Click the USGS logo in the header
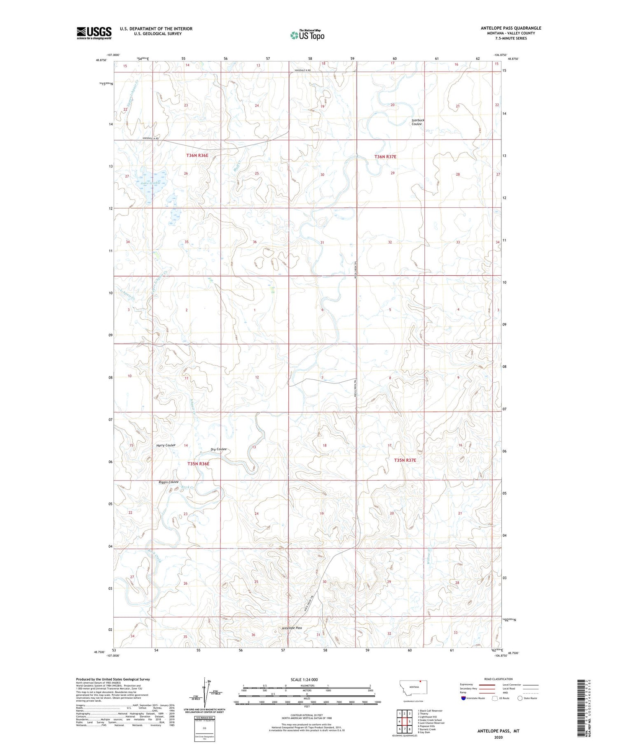[94, 33]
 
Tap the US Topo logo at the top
[307, 35]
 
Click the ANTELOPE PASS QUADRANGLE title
[510, 28]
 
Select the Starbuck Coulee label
[417, 122]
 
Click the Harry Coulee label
[166, 445]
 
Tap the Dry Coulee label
[218, 449]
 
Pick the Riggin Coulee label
[169, 482]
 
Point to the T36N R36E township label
[197, 156]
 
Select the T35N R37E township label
[405, 460]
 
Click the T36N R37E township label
[385, 157]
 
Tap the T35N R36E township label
[199, 464]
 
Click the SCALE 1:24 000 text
[304, 679]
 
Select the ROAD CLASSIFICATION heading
[499, 679]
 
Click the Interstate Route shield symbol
[463, 698]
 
